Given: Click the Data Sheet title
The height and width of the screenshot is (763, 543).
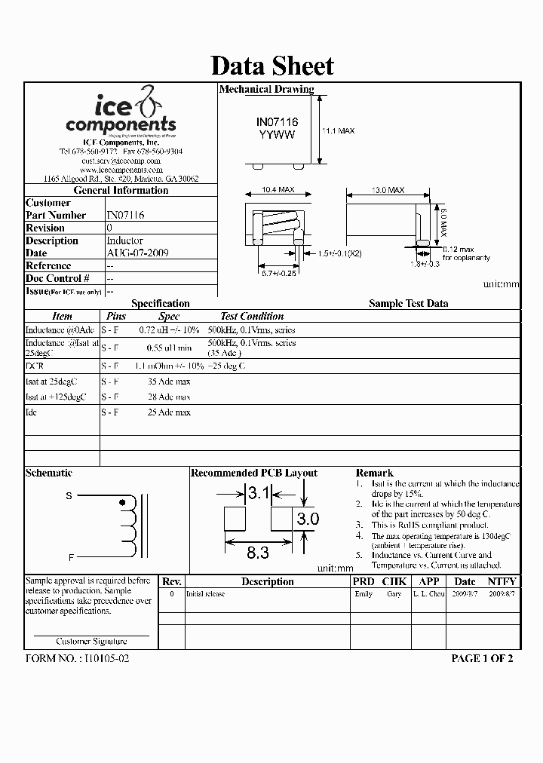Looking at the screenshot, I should point(271,66).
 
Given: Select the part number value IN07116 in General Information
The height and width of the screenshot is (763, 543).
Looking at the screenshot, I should point(125,216).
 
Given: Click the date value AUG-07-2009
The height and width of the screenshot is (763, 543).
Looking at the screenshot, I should point(137,253).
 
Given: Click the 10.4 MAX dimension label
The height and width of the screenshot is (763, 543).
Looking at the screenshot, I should point(278,191).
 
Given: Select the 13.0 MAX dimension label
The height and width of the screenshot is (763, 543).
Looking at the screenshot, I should point(387,191).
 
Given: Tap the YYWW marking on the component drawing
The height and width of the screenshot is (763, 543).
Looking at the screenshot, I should point(277,134).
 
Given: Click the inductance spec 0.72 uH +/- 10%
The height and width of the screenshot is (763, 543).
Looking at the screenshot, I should point(170,330).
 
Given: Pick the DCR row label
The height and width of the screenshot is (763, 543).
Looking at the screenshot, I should point(35,366).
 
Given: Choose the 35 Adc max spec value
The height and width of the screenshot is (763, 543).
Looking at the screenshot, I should point(169,381).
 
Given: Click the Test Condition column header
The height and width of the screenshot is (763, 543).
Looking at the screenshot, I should point(252,317).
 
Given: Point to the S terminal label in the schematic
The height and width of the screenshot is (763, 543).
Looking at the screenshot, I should point(69,495).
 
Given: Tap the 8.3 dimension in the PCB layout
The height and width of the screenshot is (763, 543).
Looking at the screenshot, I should point(258,553).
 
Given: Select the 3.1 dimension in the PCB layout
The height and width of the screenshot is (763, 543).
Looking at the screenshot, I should point(259,494).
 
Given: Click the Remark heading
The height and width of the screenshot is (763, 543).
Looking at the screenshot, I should point(374,473).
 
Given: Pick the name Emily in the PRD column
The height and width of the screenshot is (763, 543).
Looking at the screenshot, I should point(364,594).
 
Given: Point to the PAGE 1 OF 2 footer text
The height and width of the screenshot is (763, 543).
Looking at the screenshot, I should point(481,658).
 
